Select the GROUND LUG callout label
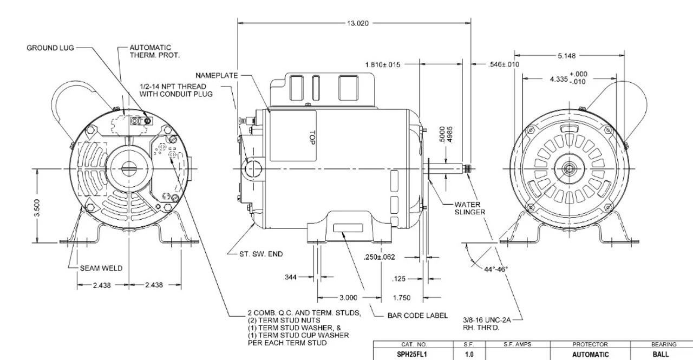(50, 48)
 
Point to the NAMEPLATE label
(217, 76)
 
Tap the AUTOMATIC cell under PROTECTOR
(591, 355)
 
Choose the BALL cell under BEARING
(664, 355)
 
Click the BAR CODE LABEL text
(417, 316)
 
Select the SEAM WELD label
(101, 267)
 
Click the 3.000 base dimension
(348, 297)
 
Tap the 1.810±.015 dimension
(383, 64)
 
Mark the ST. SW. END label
(261, 253)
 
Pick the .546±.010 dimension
(504, 64)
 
